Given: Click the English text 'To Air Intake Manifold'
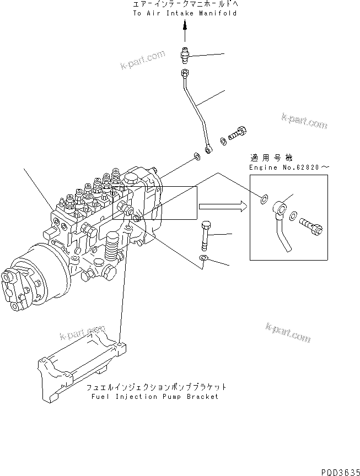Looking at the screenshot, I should coord(185,13).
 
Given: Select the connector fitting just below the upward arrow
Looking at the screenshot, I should coord(185,55).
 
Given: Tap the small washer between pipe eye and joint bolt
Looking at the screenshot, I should coord(223,140).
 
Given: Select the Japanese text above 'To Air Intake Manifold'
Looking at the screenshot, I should coord(185,4).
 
